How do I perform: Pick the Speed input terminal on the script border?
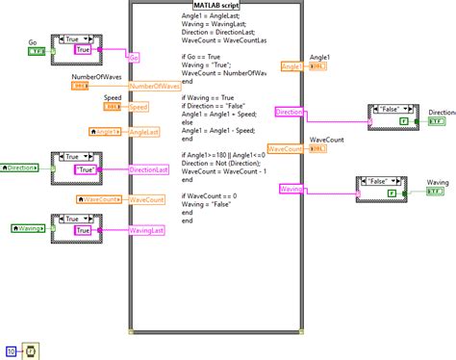point(139,109)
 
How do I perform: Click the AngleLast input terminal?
point(145,132)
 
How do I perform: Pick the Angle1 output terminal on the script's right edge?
point(291,66)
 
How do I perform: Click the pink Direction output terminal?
point(289,113)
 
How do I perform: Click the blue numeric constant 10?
point(11,350)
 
